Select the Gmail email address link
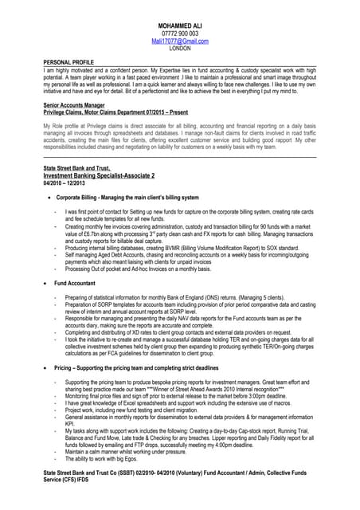(180, 41)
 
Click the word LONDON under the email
(180, 48)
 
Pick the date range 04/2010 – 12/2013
(64, 182)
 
